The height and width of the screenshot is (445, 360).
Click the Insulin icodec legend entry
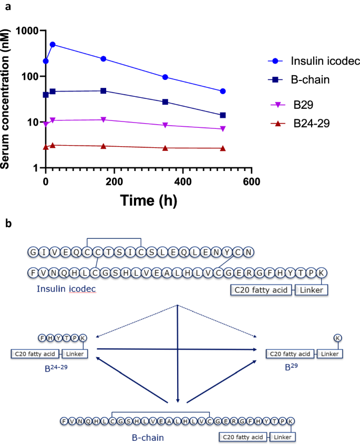click(318, 60)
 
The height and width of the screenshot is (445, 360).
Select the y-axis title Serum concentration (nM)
click(7, 98)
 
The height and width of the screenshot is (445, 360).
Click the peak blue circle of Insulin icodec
click(53, 45)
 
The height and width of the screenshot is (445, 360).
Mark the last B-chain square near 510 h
click(223, 115)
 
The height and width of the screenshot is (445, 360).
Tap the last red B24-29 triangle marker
click(223, 148)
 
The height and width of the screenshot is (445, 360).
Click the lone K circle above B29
click(337, 338)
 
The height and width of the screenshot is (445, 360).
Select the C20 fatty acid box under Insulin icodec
click(261, 290)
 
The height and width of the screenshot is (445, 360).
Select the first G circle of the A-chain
click(34, 253)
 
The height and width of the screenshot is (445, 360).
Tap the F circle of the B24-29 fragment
click(41, 338)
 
